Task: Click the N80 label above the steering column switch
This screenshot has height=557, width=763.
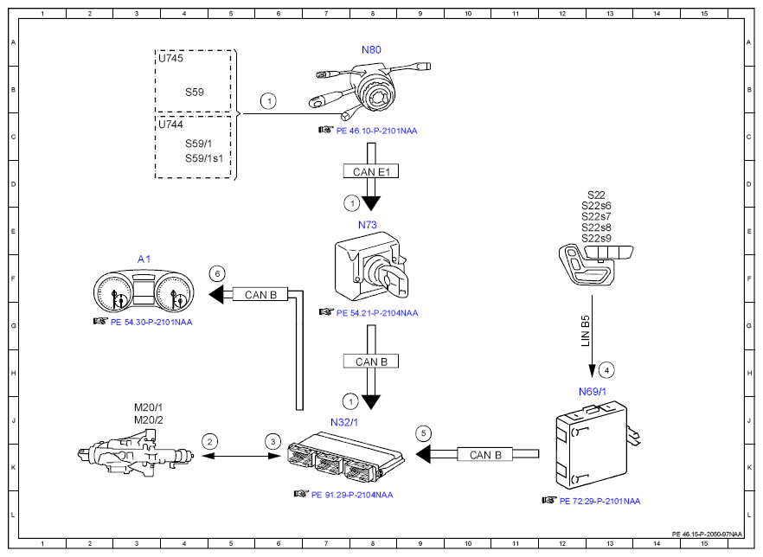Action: (370, 50)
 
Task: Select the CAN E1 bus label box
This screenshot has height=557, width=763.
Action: (372, 171)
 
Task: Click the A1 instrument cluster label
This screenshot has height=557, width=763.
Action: (144, 259)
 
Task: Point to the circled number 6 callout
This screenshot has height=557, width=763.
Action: (217, 273)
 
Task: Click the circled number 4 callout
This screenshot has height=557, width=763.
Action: (607, 370)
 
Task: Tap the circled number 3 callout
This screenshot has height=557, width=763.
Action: (273, 440)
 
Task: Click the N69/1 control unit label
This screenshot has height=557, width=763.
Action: (593, 391)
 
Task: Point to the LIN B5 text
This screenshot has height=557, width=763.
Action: (586, 332)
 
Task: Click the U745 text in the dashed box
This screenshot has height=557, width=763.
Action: (170, 59)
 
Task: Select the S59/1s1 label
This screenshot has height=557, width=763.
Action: (204, 158)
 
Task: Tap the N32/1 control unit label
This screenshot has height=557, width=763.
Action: (344, 422)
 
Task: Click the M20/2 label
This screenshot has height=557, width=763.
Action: (148, 419)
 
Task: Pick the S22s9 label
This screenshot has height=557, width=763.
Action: (596, 238)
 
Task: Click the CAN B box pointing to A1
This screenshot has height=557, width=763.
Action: (260, 295)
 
